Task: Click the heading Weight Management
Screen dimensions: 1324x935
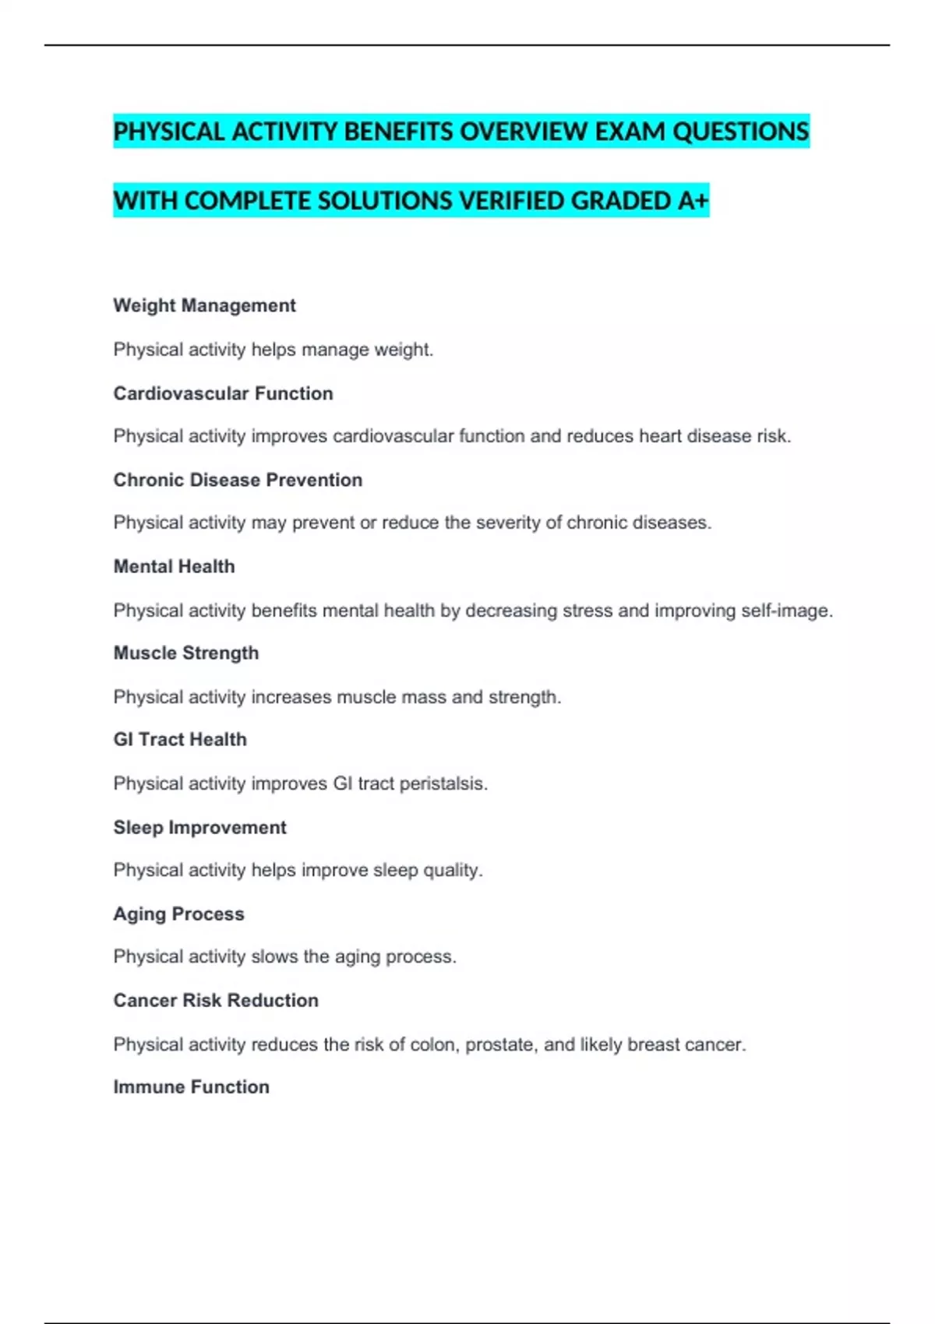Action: point(204,305)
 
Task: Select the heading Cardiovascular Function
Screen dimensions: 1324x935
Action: point(223,393)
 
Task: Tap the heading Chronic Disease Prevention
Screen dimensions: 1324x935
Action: point(238,480)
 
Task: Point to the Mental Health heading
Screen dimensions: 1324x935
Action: point(174,566)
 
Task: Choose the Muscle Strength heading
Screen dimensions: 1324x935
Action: point(185,653)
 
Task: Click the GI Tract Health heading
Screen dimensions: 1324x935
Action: point(180,739)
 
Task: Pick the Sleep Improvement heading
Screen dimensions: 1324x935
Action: point(199,827)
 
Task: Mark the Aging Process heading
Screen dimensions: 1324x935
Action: point(178,914)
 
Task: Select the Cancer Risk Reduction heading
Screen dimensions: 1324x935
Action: point(216,1000)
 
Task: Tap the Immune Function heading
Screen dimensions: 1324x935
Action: point(191,1086)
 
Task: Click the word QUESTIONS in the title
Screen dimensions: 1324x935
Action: point(740,132)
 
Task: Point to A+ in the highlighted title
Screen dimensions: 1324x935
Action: point(693,201)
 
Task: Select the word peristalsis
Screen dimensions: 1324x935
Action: point(443,783)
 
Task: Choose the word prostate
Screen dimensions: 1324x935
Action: point(499,1044)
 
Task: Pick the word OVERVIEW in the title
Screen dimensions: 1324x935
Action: point(523,132)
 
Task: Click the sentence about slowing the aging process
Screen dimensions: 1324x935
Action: point(284,956)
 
